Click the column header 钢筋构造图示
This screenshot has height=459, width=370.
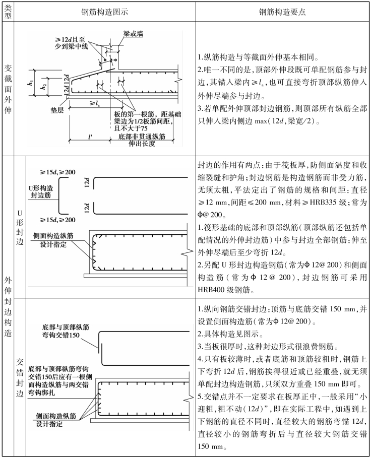[x=102, y=12]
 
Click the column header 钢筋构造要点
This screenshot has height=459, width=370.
[x=280, y=12]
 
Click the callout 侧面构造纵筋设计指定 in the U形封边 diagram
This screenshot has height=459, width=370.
[x=54, y=238]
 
